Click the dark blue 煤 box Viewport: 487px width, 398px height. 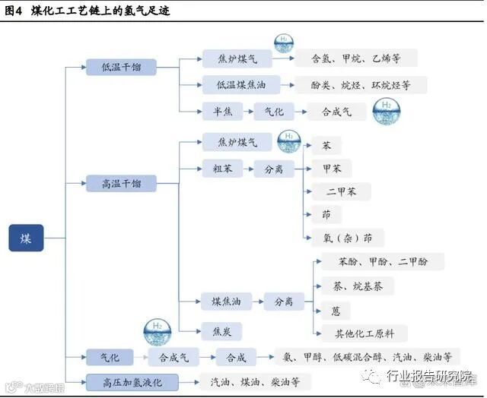26,238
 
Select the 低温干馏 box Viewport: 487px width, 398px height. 121,68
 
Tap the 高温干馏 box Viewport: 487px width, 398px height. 121,183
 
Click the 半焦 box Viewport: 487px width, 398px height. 222,111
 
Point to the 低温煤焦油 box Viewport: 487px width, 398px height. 237,85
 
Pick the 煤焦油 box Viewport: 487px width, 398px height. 227,302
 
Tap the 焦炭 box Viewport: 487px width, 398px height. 222,330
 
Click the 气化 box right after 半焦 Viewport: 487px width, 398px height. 273,111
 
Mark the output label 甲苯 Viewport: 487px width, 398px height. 332,169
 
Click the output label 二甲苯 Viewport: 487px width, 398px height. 341,192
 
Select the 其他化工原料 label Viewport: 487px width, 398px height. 360,333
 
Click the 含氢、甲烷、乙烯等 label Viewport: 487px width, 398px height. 355,58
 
